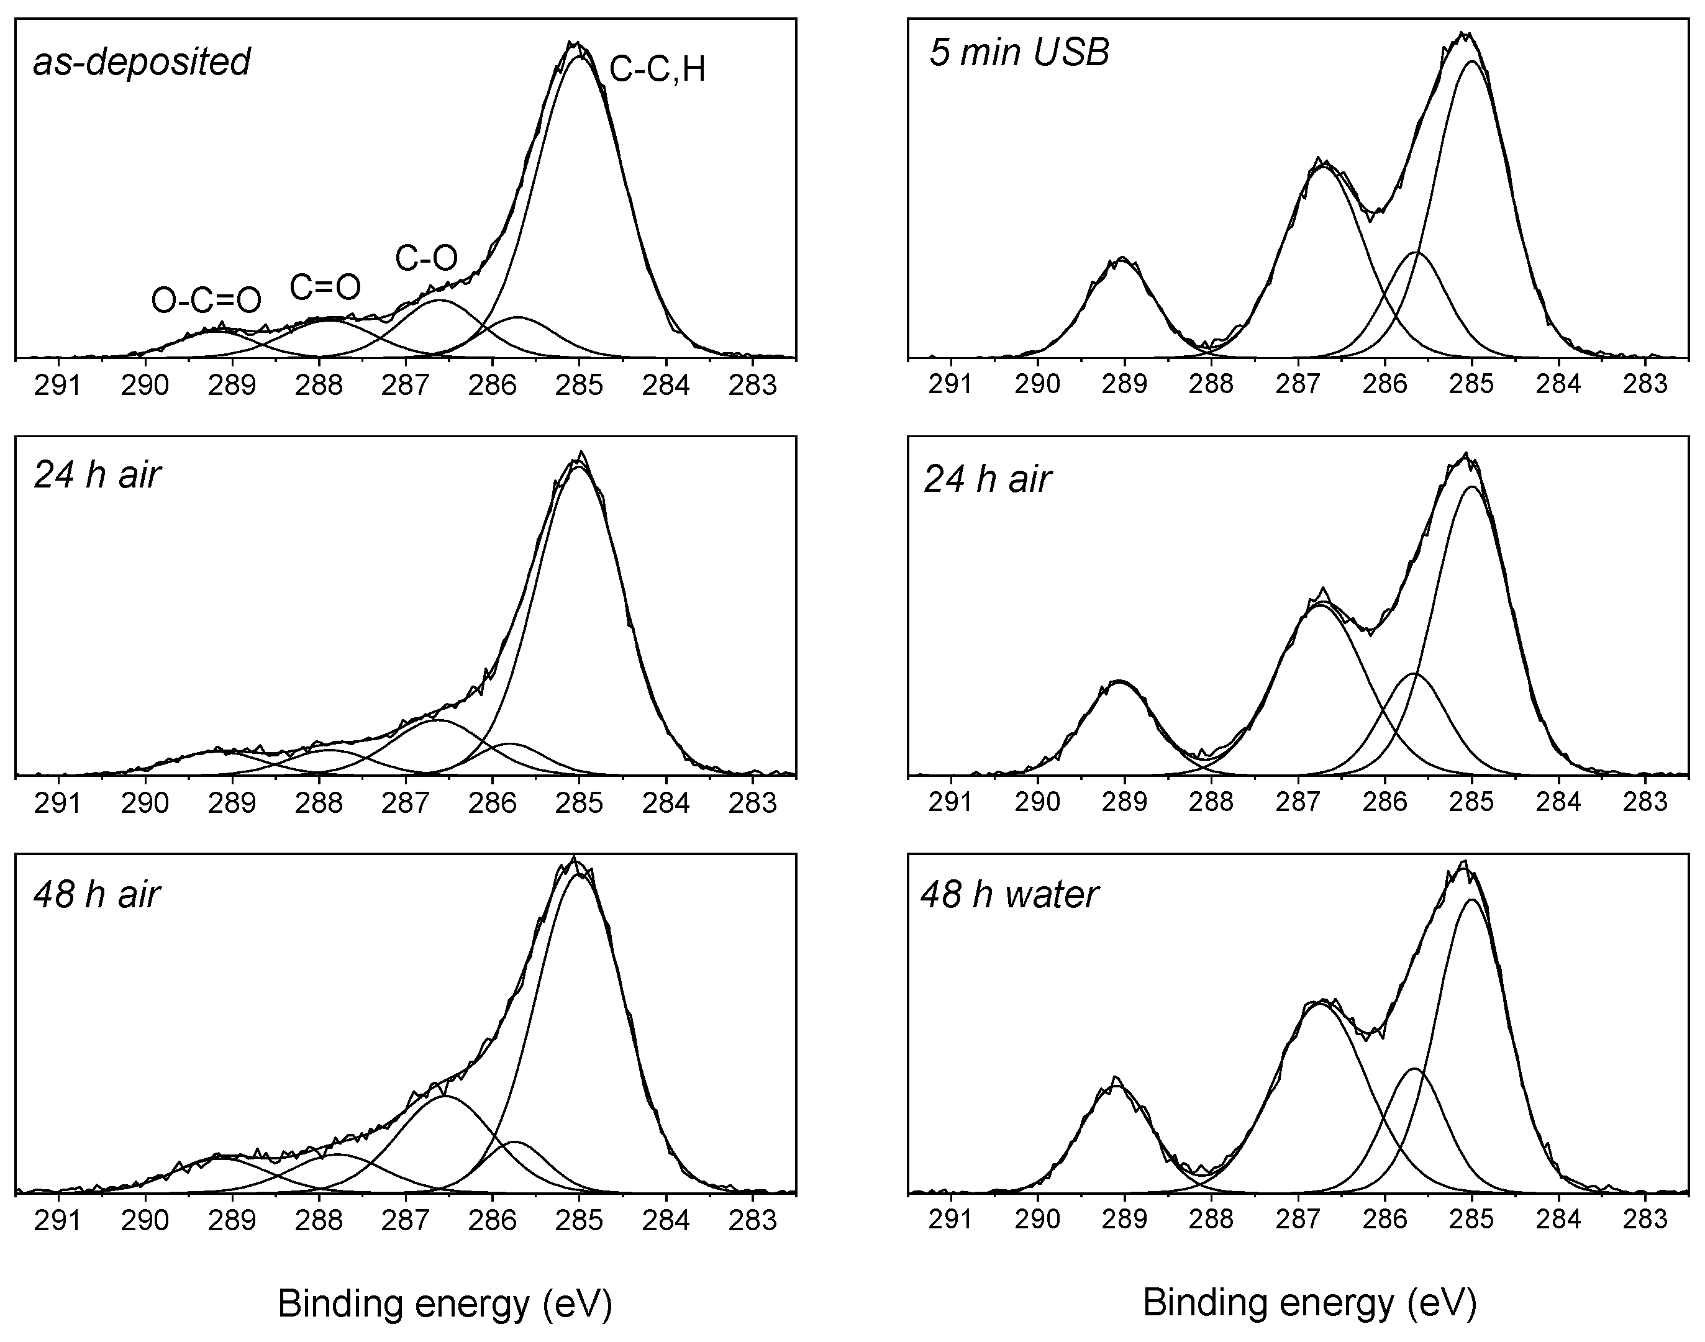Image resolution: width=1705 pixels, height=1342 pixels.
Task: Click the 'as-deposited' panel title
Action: [x=142, y=61]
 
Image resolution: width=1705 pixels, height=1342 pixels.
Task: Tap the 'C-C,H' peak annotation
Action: [x=657, y=70]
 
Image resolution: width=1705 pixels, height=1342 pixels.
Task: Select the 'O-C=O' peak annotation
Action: [x=206, y=300]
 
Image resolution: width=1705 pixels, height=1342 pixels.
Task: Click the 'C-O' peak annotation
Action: [x=426, y=258]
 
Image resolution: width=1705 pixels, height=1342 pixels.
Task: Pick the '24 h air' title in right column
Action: [x=987, y=479]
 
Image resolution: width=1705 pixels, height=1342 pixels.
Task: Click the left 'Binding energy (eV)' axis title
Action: [x=445, y=1303]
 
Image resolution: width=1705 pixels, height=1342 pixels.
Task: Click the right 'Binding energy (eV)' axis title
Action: [x=1309, y=1302]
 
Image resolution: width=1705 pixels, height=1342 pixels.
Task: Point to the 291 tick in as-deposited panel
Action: [x=58, y=386]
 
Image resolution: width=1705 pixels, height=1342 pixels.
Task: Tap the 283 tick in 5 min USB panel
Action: [x=1645, y=384]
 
